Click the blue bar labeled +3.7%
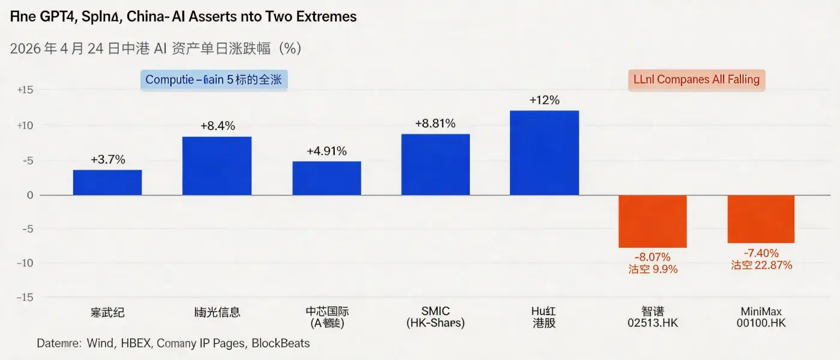pos(107,182)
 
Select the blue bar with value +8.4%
pos(217,166)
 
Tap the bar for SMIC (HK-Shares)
pos(435,164)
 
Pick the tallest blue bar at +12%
pos(544,153)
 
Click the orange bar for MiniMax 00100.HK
pos(761,219)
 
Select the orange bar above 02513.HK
pos(652,221)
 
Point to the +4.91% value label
pos(326,151)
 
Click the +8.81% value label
pos(435,124)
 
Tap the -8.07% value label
pos(653,256)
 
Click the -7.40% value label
pos(761,253)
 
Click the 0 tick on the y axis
pos(29,195)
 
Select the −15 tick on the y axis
pos(24,298)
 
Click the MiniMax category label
pos(761,311)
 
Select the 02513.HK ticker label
pos(652,323)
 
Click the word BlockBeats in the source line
pos(281,344)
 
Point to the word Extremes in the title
pos(323,16)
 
